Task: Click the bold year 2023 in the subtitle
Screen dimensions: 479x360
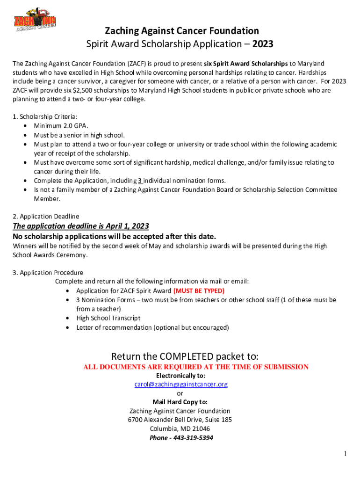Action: (x=262, y=45)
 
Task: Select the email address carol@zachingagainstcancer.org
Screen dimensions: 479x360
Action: (x=180, y=385)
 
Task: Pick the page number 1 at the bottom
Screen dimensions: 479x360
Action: (x=345, y=454)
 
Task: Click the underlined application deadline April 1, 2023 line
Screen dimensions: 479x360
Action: (x=81, y=226)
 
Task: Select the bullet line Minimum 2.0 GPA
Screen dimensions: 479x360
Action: (x=61, y=126)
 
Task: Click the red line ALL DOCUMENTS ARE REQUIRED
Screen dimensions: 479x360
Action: (x=196, y=367)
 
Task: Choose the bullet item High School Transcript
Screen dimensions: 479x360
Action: (x=108, y=318)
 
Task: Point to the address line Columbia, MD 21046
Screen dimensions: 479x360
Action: (x=180, y=429)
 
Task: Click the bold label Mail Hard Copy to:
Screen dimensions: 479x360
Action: (x=180, y=402)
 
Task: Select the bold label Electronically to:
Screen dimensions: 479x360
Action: (x=180, y=376)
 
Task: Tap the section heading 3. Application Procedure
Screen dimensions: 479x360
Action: (x=48, y=272)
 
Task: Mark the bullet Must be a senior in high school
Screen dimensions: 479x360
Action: (x=79, y=135)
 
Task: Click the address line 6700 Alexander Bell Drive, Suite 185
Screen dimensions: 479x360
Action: (x=180, y=420)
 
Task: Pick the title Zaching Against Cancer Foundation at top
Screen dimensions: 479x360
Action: (x=181, y=31)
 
